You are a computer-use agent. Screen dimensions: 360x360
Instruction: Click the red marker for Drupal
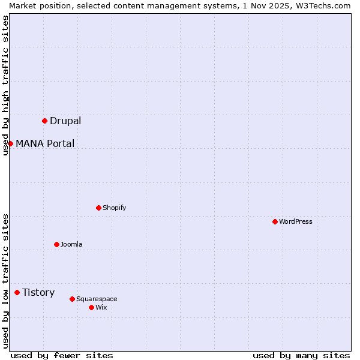(44, 121)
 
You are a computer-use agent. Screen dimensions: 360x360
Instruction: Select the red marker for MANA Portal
(10, 143)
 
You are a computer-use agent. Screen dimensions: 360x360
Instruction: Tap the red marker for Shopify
(98, 208)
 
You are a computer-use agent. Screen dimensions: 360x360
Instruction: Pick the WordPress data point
(275, 221)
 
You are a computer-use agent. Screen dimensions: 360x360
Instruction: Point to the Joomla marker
(56, 244)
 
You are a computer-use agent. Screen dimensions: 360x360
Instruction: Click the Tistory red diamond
(17, 292)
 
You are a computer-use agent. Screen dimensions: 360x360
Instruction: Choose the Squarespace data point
(72, 299)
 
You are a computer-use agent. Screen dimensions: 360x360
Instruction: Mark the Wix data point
(91, 307)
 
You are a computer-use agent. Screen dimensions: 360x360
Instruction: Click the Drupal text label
(65, 121)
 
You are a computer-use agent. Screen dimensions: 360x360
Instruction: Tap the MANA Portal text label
(45, 143)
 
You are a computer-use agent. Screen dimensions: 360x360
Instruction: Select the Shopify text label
(114, 208)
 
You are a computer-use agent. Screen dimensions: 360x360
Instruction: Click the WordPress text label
(296, 221)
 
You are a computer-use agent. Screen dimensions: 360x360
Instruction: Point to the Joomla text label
(71, 244)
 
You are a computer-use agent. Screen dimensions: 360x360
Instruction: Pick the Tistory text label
(38, 292)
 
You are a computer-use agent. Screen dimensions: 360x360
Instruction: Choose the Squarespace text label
(97, 299)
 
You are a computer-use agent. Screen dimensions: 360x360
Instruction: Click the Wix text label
(101, 307)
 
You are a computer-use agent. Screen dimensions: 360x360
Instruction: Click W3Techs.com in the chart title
(322, 5)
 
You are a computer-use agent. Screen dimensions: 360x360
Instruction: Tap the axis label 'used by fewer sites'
(62, 355)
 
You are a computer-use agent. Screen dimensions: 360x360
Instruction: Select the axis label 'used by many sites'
(301, 355)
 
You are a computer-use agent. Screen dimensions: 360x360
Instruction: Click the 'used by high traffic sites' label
(5, 85)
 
